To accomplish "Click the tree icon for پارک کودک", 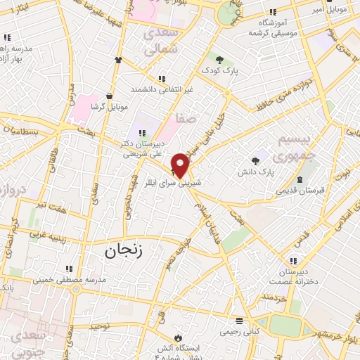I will click(x=220, y=60).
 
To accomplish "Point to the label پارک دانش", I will click(x=255, y=172).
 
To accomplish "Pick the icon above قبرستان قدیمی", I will click(x=301, y=179).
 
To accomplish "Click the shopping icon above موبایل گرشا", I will click(x=110, y=96).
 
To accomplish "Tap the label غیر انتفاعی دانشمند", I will click(x=162, y=90).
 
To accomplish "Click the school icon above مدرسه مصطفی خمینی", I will click(x=69, y=268).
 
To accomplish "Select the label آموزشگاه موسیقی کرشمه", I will click(x=273, y=29).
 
